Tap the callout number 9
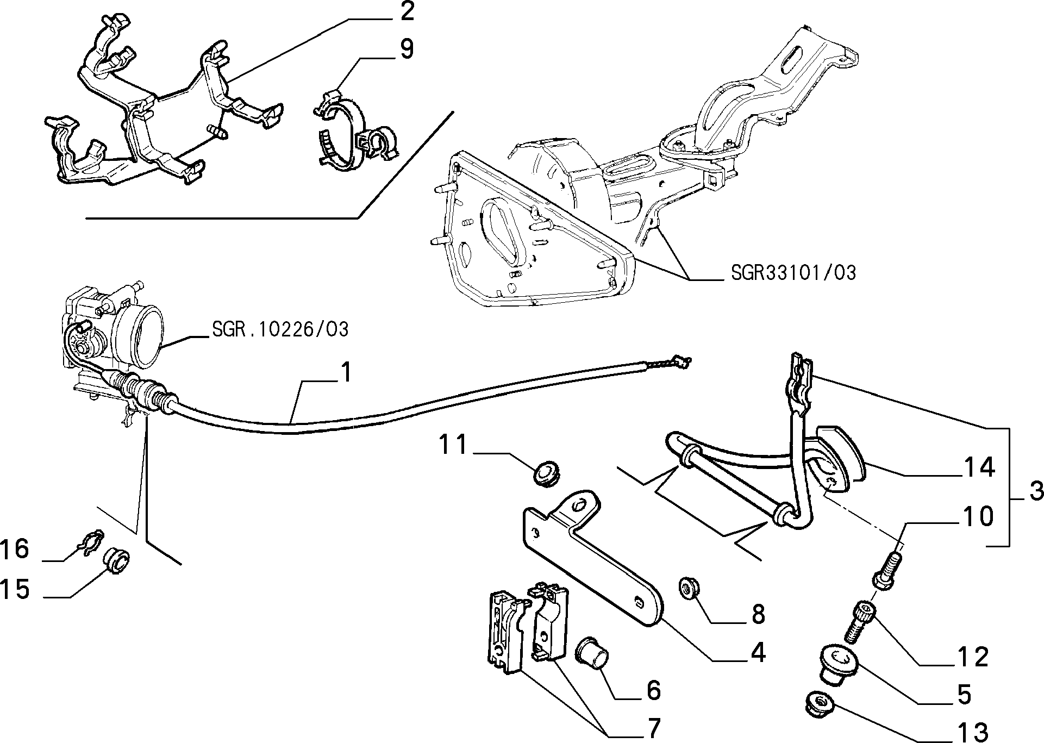[407, 49]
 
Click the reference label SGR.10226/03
[279, 329]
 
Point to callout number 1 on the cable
[346, 373]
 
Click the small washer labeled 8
[690, 589]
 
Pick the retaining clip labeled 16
[90, 540]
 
